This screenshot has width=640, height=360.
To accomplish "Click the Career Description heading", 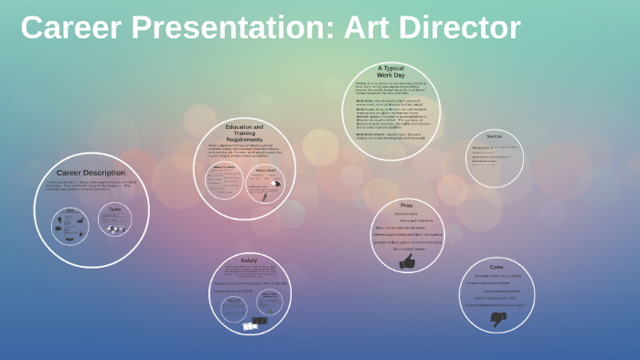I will [91, 172].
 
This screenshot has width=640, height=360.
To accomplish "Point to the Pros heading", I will [406, 206].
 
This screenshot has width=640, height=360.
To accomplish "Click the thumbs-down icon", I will [498, 319].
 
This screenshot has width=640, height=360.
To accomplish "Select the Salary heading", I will [249, 260].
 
